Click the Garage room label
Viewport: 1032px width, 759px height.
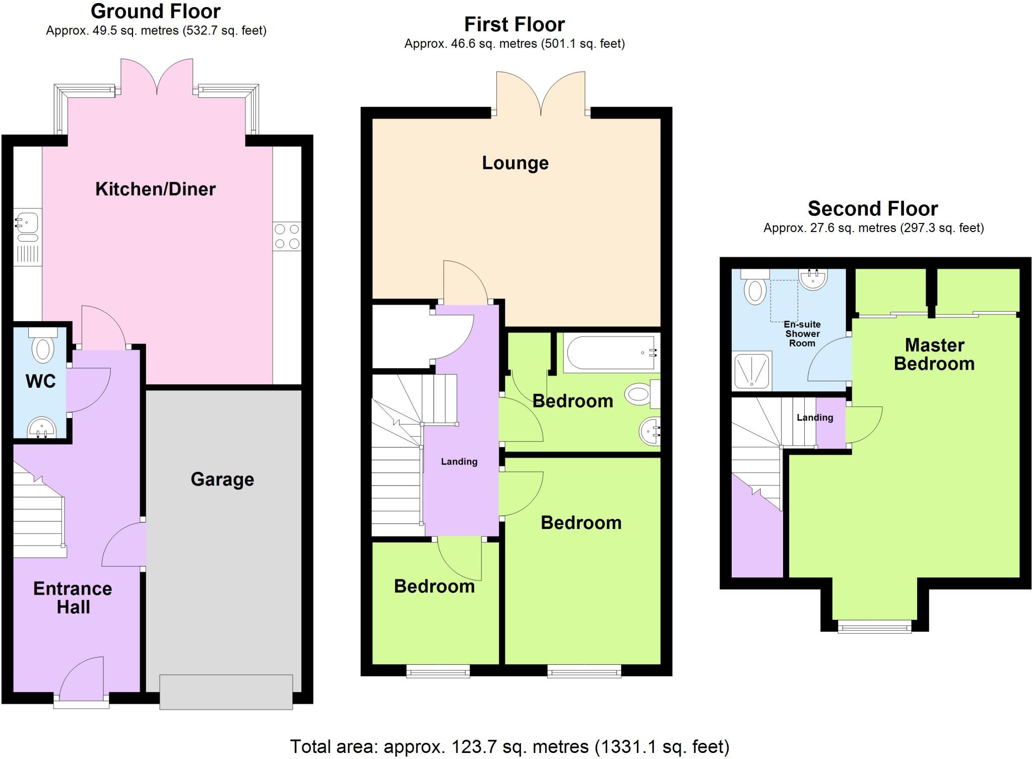click(222, 480)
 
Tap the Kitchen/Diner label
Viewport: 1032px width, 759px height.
click(155, 189)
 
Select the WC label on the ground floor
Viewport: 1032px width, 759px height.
click(40, 381)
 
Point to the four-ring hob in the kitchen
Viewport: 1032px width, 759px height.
click(287, 237)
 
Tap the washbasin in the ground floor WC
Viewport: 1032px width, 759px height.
click(42, 428)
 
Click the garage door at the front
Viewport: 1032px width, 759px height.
click(226, 692)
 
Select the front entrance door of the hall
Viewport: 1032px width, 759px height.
click(82, 681)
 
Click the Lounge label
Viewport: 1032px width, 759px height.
click(515, 163)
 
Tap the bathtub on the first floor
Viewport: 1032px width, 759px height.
click(611, 353)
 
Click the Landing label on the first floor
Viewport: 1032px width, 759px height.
click(459, 461)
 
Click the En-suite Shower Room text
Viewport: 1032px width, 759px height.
click(802, 334)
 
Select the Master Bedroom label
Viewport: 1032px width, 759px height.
click(934, 355)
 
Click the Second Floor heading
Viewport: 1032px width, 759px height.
click(873, 208)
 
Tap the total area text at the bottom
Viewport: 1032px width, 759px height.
click(509, 746)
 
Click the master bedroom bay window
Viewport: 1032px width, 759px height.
click(874, 627)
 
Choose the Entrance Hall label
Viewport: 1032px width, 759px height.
click(73, 598)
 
